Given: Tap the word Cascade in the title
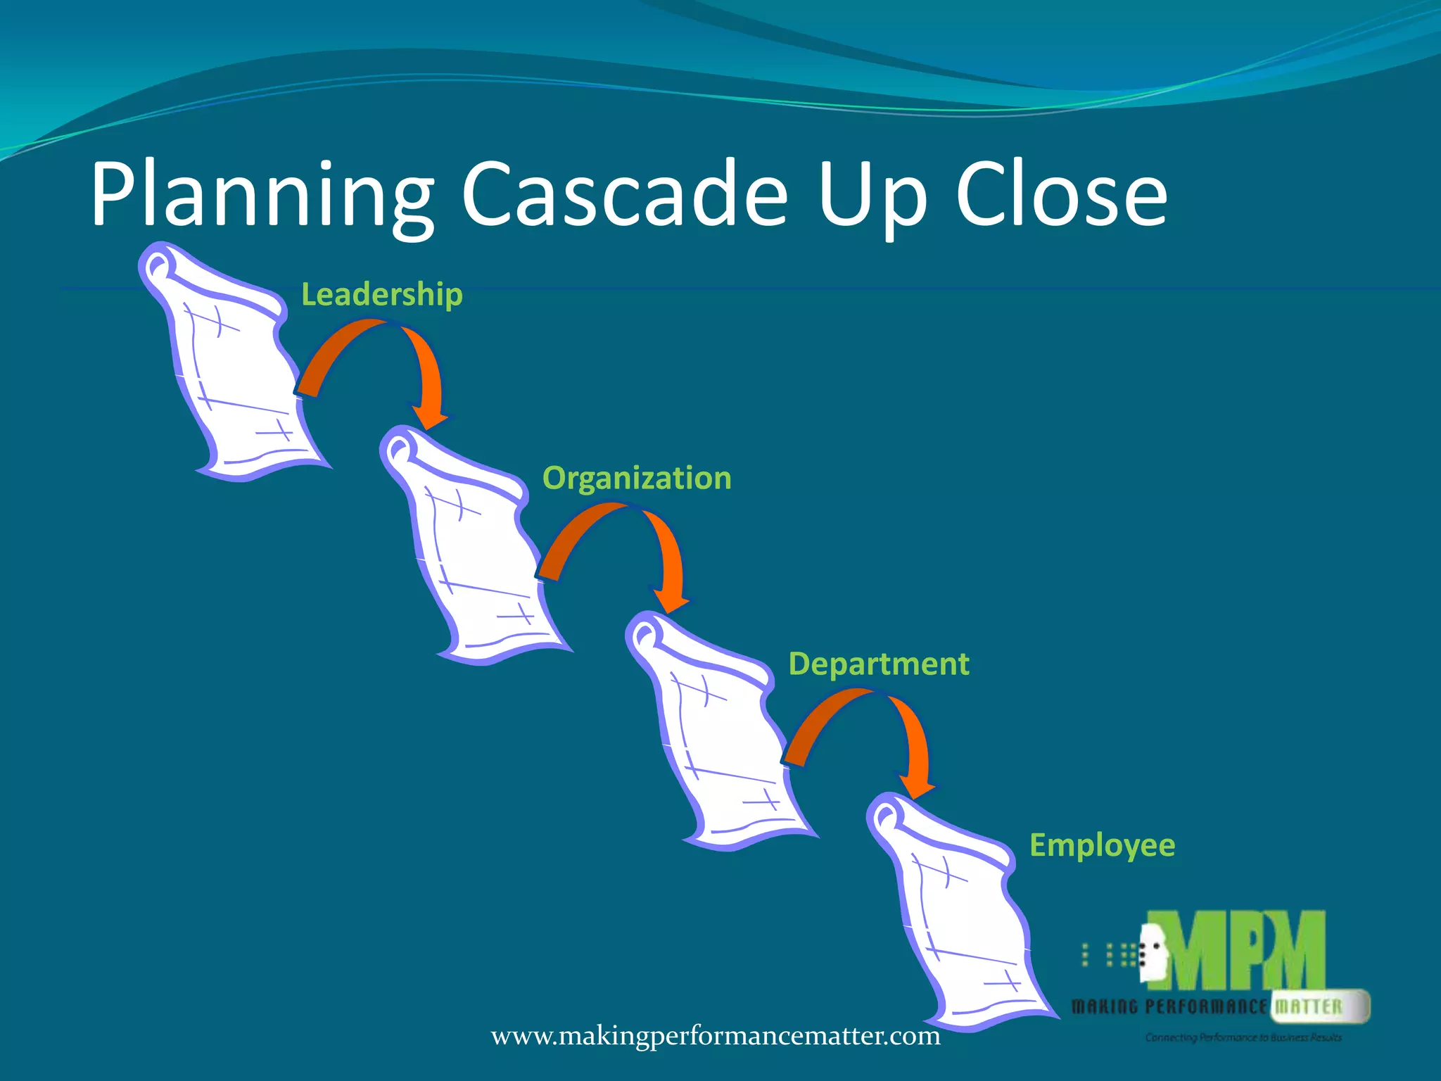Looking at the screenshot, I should tap(624, 194).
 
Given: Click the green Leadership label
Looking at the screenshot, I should tap(382, 294).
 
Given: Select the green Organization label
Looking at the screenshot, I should tap(637, 478).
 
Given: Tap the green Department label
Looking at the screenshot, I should tap(879, 664).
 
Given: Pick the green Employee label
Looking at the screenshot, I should tap(1102, 845).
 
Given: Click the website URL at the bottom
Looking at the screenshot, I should tap(716, 1036).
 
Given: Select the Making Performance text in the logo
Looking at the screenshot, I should tap(1168, 1007).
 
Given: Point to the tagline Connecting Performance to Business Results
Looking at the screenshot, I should tap(1243, 1037).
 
